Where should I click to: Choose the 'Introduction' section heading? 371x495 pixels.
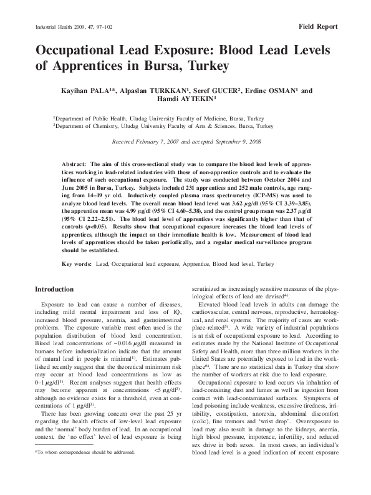pyautogui.click(x=54, y=290)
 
